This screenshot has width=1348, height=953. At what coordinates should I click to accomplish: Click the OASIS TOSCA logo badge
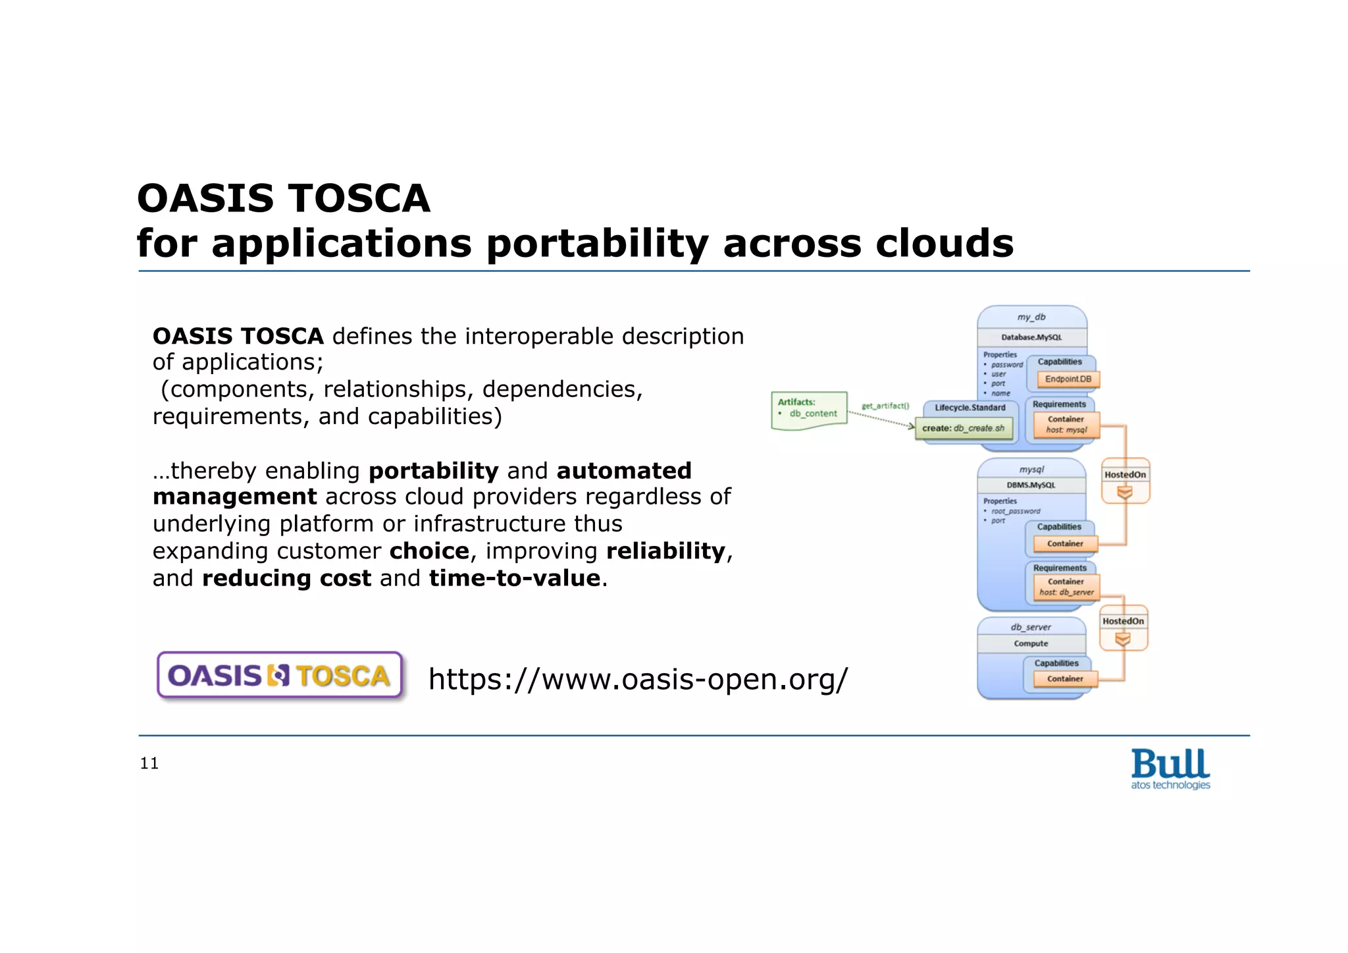click(x=280, y=676)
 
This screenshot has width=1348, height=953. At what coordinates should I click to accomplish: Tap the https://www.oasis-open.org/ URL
click(x=638, y=679)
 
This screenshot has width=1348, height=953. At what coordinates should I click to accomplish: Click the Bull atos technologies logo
click(x=1170, y=769)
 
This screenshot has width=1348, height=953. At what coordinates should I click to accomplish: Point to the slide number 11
click(x=149, y=763)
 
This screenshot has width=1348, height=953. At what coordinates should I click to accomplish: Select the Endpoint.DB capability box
click(x=1068, y=379)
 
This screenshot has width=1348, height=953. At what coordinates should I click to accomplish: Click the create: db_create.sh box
click(x=963, y=429)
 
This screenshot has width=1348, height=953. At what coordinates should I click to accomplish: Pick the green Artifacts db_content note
click(x=809, y=410)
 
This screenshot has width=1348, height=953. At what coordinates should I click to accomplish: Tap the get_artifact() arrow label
click(x=885, y=406)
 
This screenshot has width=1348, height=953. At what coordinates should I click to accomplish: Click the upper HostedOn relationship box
click(x=1125, y=481)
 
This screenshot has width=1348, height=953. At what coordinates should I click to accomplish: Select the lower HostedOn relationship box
click(x=1123, y=628)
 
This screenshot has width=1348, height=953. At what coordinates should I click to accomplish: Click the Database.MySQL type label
click(x=1031, y=337)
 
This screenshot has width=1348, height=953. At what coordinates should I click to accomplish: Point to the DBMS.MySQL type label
click(x=1031, y=485)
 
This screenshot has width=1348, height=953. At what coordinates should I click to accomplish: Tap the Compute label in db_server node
click(x=1031, y=643)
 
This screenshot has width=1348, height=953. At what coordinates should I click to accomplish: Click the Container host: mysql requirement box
click(x=1066, y=424)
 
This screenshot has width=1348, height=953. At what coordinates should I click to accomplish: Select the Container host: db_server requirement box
click(x=1066, y=587)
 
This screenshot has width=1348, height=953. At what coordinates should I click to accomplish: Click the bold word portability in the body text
click(x=433, y=471)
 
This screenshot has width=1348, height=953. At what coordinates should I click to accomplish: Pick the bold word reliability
click(x=665, y=551)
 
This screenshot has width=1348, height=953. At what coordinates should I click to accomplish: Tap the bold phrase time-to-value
click(x=515, y=578)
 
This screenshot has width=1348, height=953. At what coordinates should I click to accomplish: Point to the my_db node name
click(x=1031, y=317)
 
